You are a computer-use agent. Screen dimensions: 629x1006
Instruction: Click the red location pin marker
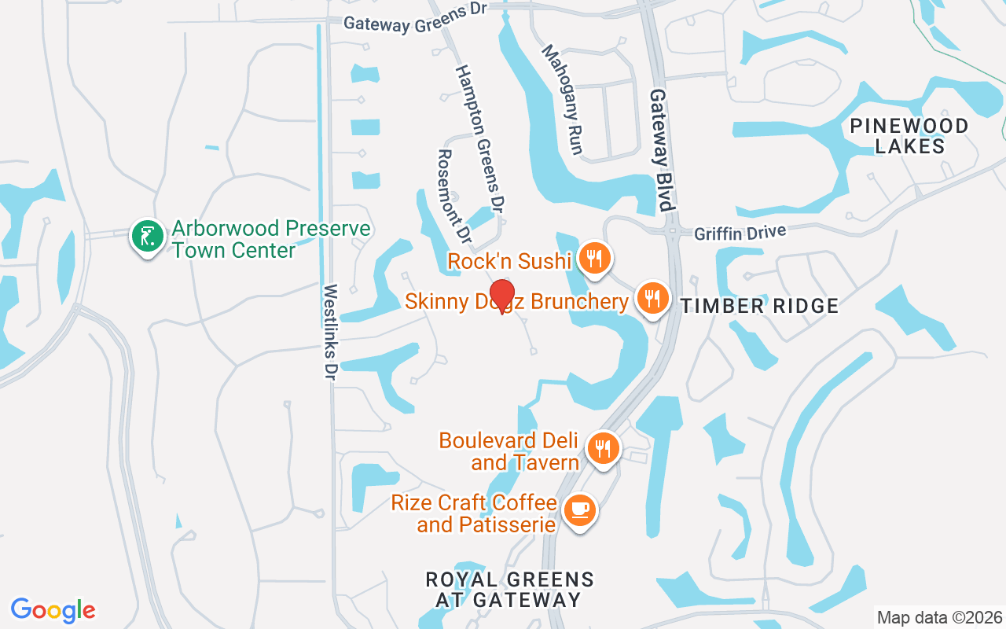[x=501, y=296]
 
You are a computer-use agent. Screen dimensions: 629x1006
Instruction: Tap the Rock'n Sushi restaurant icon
[x=595, y=257]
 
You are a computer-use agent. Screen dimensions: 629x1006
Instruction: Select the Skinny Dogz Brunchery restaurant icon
[x=652, y=298]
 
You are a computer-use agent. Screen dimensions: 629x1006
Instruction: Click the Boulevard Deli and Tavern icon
[x=603, y=449]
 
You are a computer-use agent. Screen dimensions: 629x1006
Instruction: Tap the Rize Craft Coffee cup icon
[x=580, y=510]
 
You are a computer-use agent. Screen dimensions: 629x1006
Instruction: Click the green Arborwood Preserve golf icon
[x=147, y=236]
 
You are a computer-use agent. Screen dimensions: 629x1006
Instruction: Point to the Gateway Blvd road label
[x=662, y=150]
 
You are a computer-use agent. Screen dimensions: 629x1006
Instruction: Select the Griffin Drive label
[x=740, y=233]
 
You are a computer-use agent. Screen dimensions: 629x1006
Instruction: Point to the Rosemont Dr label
[x=453, y=196]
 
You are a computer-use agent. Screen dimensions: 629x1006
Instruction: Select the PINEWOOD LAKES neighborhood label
[x=909, y=136]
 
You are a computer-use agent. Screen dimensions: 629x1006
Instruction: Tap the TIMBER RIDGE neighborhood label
[x=759, y=306]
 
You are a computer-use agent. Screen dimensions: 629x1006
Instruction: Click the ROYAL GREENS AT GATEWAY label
[x=509, y=590]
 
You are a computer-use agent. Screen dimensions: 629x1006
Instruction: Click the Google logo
[x=53, y=610]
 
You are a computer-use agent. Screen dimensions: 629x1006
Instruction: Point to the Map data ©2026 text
[x=939, y=617]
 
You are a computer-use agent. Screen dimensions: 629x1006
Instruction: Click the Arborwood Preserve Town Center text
[x=271, y=239]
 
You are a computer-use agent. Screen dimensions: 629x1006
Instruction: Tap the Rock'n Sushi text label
[x=509, y=261]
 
